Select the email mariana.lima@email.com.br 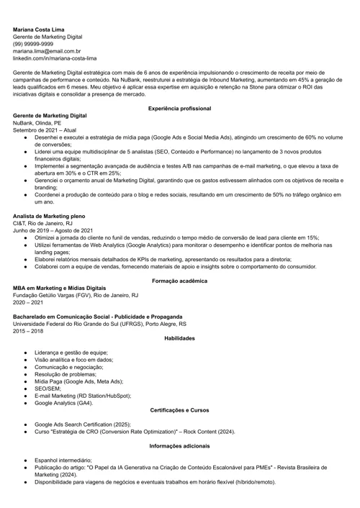pyautogui.click(x=47, y=51)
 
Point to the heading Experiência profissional pyautogui.click(x=179, y=108)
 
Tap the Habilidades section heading pyautogui.click(x=179, y=337)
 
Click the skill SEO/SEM pyautogui.click(x=48, y=389)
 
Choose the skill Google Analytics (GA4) pyautogui.click(x=63, y=403)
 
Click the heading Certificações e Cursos pyautogui.click(x=179, y=410)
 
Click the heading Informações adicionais pyautogui.click(x=179, y=445)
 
